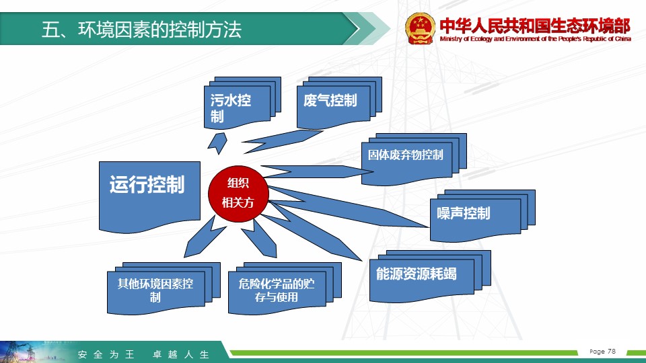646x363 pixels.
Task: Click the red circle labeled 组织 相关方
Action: click(238, 194)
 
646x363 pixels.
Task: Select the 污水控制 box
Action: click(242, 103)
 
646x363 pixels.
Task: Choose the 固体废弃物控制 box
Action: click(414, 159)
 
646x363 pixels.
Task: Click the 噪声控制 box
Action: click(482, 216)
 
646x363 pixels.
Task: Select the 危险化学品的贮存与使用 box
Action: click(285, 288)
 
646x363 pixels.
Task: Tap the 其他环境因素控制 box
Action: click(164, 288)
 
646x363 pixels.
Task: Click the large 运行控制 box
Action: click(149, 197)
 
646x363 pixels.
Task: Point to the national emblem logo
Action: click(420, 28)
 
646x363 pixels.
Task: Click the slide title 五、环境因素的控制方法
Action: click(141, 30)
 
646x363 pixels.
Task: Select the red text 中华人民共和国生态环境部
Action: click(535, 26)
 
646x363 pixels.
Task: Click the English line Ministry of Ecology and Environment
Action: click(535, 39)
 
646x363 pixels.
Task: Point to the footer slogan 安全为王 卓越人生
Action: click(143, 354)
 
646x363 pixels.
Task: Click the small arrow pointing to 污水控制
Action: click(217, 143)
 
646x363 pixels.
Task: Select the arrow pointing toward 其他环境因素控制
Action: click(205, 237)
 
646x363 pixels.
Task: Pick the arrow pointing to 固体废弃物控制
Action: click(312, 171)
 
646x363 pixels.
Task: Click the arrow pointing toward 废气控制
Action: click(282, 141)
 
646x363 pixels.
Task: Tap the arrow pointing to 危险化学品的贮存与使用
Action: click(258, 239)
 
